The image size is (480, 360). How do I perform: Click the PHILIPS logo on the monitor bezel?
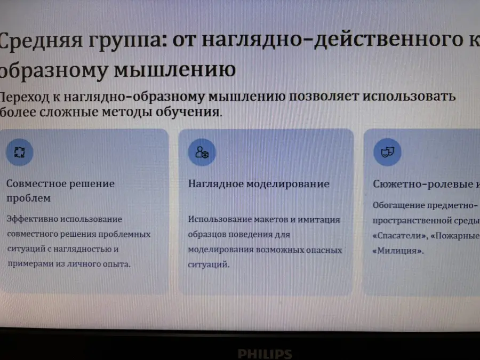point(265,354)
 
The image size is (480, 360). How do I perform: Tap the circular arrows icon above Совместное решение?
point(20,152)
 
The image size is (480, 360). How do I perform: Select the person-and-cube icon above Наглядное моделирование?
point(202,152)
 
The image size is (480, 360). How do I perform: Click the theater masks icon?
point(387,152)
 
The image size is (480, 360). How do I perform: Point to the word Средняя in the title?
point(41,41)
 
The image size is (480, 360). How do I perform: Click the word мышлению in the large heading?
point(175,69)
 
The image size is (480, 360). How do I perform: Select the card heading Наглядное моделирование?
point(259,183)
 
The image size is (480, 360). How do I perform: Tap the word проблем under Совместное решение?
point(29,198)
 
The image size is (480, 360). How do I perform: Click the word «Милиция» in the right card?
point(398,251)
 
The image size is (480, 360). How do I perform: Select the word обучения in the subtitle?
point(188,112)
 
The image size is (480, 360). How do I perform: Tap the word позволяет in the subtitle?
point(324,97)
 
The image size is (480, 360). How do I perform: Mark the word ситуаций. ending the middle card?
point(209,265)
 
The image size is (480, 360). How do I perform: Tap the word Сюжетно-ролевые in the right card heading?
point(423,184)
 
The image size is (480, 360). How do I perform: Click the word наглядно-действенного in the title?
point(332,39)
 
